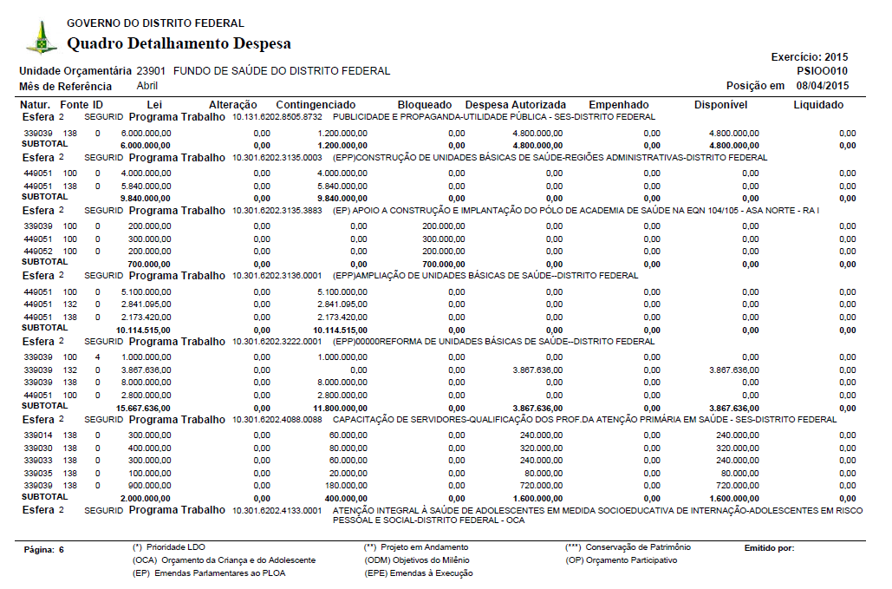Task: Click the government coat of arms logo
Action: [41, 37]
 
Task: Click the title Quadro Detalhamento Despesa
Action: [179, 43]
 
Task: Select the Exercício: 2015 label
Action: [810, 57]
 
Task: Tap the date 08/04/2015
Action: [823, 86]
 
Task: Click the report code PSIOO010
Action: [822, 71]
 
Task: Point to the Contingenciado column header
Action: [316, 105]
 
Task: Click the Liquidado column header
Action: [818, 105]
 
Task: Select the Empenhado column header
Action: [618, 105]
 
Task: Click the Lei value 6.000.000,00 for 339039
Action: [146, 134]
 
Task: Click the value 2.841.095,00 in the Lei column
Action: [146, 304]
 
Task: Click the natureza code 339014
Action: [38, 435]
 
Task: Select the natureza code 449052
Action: [38, 250]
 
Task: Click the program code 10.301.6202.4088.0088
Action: [277, 420]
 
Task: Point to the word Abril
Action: [147, 86]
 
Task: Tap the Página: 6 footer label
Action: [44, 550]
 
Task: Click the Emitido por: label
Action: [769, 548]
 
